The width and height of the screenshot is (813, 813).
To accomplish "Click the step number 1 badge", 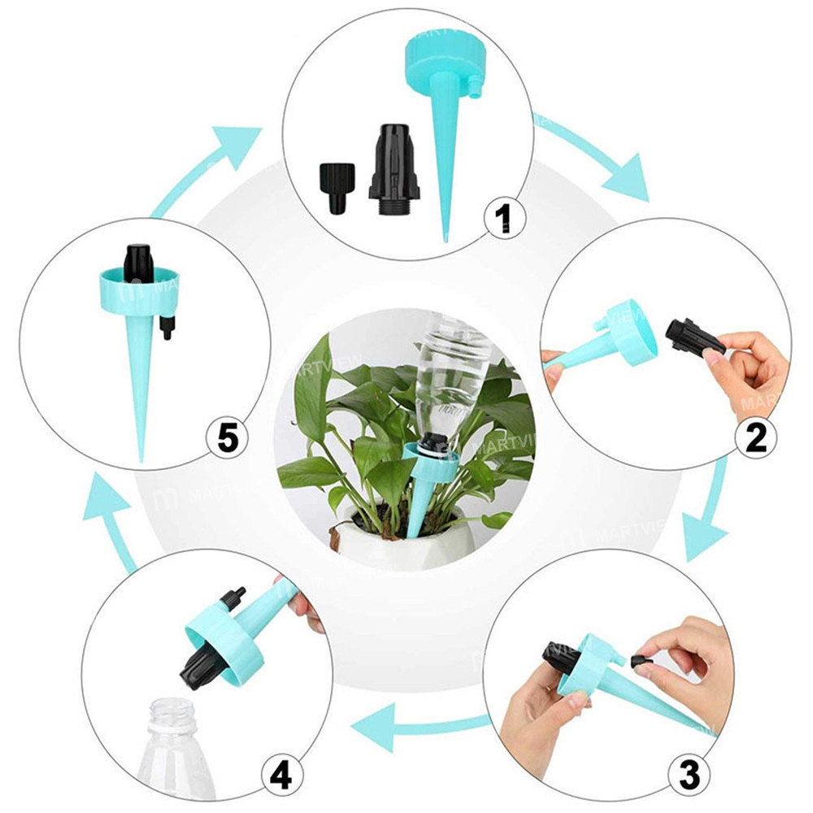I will tap(502, 217).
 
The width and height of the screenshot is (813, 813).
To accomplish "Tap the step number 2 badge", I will tap(755, 437).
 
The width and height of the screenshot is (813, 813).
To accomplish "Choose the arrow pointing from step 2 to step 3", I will tap(706, 520).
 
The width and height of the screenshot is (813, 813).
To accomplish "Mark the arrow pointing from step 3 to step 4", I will tap(423, 726).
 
